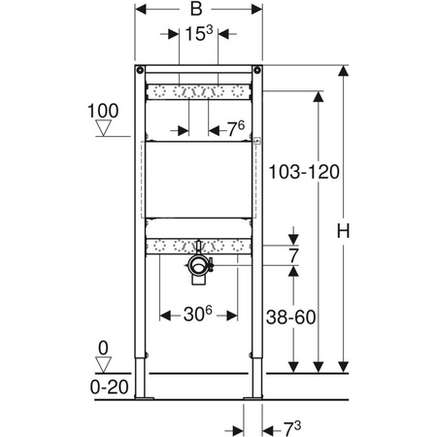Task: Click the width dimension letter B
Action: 196,9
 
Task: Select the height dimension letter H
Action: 343,231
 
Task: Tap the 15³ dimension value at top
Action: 199,33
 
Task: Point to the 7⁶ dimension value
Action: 236,129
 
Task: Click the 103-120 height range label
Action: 304,172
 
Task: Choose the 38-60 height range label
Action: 290,317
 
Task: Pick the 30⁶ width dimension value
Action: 198,314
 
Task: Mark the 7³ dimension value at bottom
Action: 292,428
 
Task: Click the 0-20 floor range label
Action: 110,387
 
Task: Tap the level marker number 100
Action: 103,111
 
